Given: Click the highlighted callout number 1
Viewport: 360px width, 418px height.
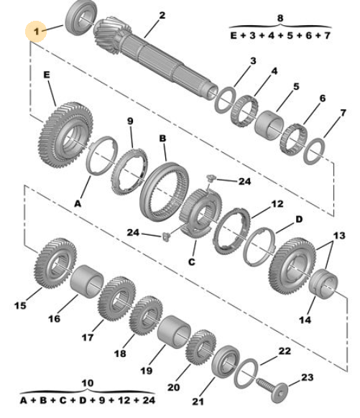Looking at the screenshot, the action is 36,32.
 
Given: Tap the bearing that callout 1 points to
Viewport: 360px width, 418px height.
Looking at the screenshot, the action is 81,17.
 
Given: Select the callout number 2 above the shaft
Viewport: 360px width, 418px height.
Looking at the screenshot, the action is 162,15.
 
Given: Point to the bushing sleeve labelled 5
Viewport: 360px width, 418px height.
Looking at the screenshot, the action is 269,125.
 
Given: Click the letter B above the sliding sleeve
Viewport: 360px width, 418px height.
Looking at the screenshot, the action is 162,139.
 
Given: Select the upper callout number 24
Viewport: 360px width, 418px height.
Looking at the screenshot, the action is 244,181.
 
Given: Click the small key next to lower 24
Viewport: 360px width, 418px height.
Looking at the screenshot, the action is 165,236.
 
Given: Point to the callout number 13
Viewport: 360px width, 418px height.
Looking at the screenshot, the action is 339,236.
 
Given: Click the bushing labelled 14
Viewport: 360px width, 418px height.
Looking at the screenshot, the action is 323,284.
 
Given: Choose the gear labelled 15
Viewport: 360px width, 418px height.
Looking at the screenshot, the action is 55,263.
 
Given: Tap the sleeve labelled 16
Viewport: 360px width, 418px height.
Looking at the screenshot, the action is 87,281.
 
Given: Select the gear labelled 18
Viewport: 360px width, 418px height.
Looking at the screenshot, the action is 146,315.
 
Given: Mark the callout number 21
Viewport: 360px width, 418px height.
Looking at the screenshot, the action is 198,401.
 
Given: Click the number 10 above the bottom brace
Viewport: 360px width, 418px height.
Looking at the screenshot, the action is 88,383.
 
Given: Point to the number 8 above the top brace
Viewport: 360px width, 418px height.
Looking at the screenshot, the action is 280,18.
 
